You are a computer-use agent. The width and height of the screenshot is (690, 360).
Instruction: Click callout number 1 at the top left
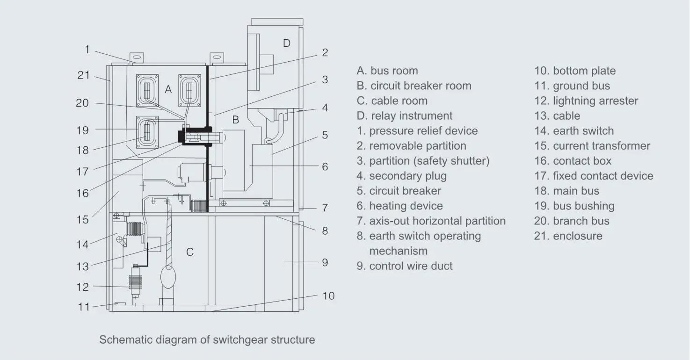[x=87, y=50]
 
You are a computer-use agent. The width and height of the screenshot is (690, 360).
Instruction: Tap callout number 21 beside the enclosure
[x=83, y=74]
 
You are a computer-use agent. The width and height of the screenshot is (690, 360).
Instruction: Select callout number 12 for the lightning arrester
[x=82, y=287]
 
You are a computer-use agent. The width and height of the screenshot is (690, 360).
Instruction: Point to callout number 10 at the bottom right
[x=328, y=296]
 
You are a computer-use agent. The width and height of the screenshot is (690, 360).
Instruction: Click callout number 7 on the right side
[x=325, y=208]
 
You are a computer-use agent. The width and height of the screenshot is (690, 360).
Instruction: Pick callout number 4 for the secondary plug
[x=325, y=108]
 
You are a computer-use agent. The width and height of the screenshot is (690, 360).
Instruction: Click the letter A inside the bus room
[x=168, y=90]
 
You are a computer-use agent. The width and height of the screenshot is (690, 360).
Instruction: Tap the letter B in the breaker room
[x=236, y=120]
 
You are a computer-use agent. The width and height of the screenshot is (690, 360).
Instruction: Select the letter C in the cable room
[x=190, y=252]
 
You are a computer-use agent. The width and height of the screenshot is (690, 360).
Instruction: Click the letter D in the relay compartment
[x=287, y=43]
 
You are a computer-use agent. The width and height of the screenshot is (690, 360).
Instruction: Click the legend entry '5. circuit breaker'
[x=399, y=191]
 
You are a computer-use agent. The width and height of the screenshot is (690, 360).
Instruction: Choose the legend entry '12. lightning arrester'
[x=586, y=101]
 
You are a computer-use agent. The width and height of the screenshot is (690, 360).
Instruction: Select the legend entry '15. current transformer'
[x=592, y=146]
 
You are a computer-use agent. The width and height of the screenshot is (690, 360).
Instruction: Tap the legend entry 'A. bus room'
[x=387, y=71]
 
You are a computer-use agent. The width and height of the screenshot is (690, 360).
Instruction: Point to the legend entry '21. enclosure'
[x=568, y=236]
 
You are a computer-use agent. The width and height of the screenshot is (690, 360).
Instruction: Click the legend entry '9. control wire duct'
[x=405, y=266]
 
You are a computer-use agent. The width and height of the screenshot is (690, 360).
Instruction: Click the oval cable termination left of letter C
[x=167, y=276]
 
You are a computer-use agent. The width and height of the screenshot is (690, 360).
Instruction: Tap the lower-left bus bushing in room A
[x=147, y=131]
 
